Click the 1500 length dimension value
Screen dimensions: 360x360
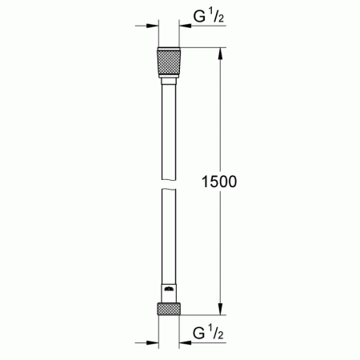(218, 182)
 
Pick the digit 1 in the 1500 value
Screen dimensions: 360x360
(202, 182)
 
